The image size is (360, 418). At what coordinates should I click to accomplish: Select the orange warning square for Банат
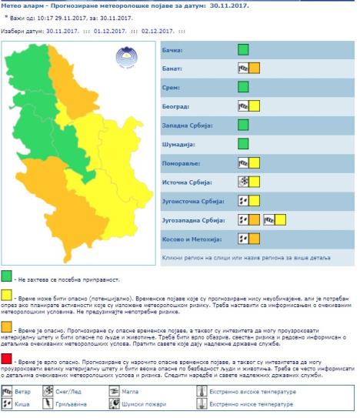(x=255, y=69)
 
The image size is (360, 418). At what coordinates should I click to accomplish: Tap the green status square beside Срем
(x=244, y=87)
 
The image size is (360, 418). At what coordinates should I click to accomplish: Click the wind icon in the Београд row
(x=243, y=106)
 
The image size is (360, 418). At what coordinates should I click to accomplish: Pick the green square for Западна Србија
(x=244, y=125)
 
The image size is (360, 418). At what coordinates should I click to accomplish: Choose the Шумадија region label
(x=178, y=144)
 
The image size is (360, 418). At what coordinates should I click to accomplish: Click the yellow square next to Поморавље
(x=255, y=162)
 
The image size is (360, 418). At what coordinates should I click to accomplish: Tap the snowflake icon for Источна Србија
(x=243, y=182)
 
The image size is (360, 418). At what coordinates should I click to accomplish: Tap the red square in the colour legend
(x=6, y=361)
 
